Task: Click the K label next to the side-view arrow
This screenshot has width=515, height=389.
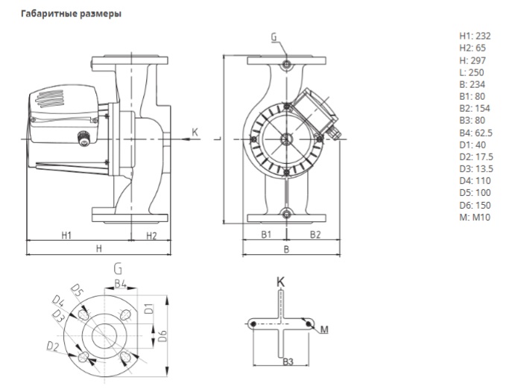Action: coord(195,132)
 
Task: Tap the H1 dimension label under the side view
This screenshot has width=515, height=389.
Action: coord(66,235)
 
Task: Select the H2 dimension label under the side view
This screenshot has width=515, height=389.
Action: coord(151,235)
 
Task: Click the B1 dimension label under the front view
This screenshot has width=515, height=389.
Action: coord(264,235)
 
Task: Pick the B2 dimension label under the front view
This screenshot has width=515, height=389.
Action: coord(315,235)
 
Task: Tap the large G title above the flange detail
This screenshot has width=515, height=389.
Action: coord(118,268)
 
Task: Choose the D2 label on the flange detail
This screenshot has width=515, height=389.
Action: coord(53,347)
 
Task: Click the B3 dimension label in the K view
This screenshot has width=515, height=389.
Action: coord(287,362)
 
